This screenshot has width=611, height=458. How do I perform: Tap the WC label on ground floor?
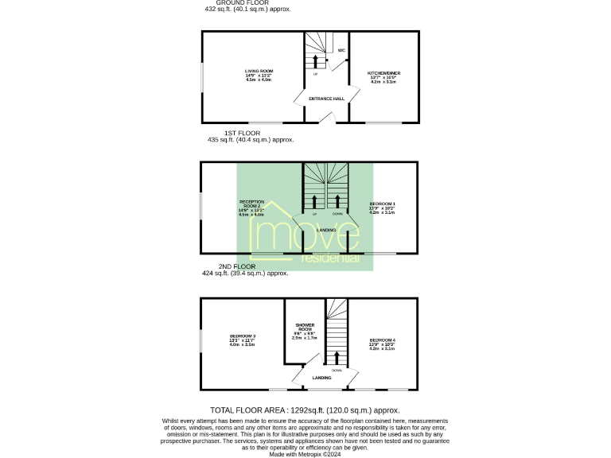[x=341, y=50]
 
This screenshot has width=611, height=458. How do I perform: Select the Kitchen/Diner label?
[x=383, y=72]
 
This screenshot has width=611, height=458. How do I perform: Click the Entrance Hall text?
[x=326, y=99]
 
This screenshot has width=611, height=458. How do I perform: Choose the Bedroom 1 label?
[x=383, y=204]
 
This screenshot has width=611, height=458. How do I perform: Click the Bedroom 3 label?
[x=242, y=337]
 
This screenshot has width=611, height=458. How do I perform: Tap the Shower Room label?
[x=305, y=325]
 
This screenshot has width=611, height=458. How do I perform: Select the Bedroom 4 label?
[x=383, y=340]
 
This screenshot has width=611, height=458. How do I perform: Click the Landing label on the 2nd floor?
[x=321, y=378]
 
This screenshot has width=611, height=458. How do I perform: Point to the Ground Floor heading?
[x=248, y=3]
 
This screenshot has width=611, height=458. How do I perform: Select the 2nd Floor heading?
[x=237, y=266]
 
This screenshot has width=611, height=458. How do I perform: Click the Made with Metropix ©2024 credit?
[x=305, y=453]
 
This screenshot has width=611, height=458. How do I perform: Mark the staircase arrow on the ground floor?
[x=316, y=61]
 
